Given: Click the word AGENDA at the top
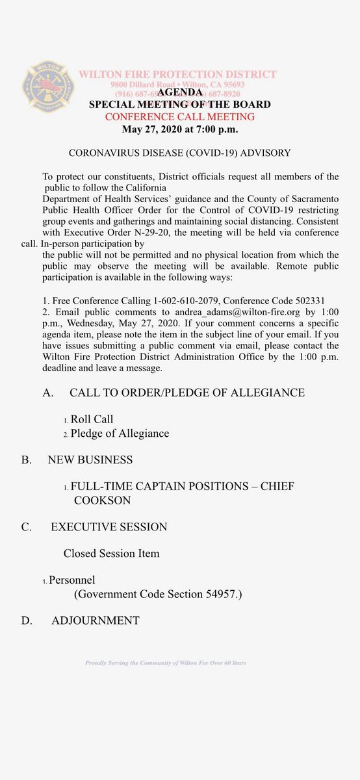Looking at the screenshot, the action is point(179,93).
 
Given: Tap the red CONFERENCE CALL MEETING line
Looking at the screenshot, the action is point(180,117).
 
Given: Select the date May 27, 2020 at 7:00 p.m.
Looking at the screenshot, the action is point(180,129).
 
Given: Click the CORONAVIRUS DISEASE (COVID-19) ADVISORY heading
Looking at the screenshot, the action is point(179,153).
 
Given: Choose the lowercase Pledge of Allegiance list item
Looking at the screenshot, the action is point(120,434).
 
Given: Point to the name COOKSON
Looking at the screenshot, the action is point(102,500).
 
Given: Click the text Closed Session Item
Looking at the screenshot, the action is point(111,554).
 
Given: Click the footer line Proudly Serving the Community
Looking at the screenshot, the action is point(166,663).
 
